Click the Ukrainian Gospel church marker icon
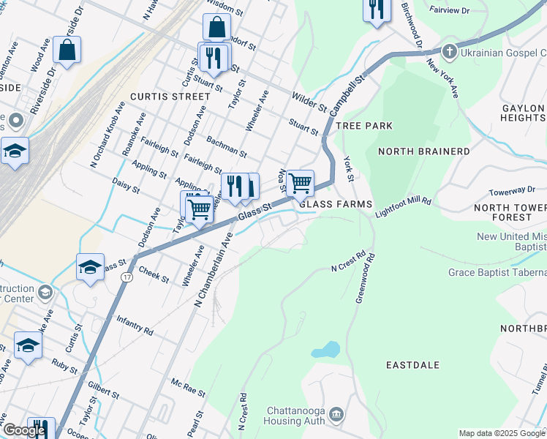pos(450,52)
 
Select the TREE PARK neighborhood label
pos(364,126)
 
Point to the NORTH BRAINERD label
pos(424,151)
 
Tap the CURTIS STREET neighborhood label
pos(170,97)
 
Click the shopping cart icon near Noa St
pos(300,183)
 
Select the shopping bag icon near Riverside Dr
pos(67,50)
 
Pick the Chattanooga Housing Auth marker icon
pos(336,414)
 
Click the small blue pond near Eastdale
pos(325,350)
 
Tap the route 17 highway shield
pos(127,278)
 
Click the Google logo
pos(23,430)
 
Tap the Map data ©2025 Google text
pos(502,433)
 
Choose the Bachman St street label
pos(226,146)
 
